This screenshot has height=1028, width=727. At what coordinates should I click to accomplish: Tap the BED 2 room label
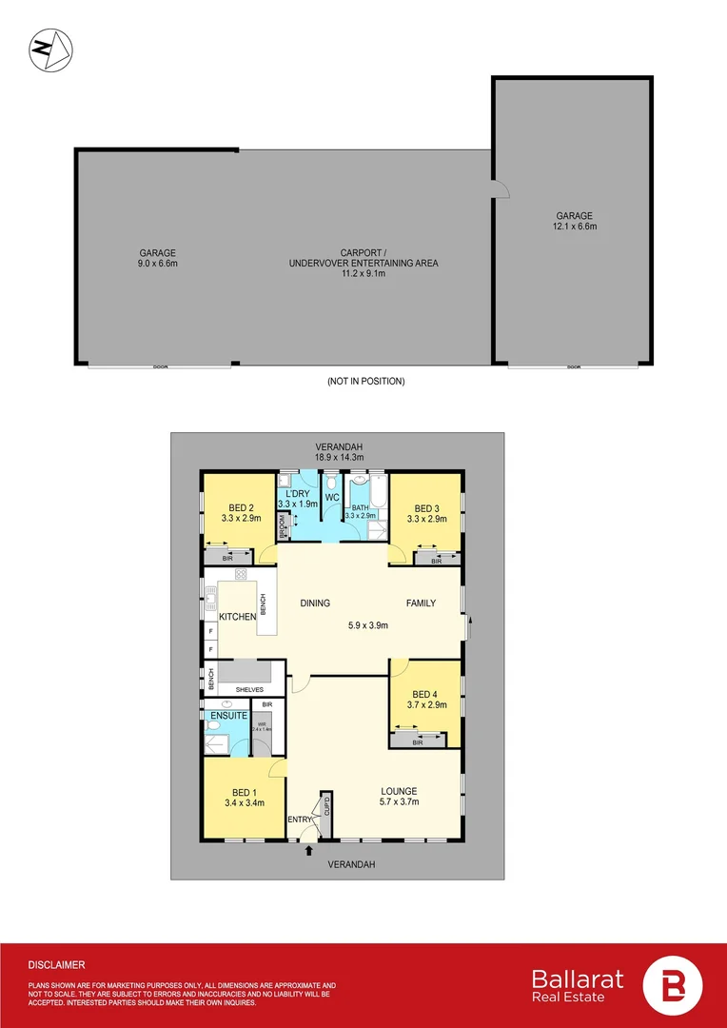240,507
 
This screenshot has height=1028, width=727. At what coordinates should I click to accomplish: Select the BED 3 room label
426,507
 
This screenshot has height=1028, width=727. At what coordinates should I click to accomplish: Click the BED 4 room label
424,693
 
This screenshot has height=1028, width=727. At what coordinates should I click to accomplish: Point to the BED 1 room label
244,791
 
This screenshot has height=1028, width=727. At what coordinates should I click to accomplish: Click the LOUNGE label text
398,791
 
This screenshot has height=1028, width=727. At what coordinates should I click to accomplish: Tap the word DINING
315,603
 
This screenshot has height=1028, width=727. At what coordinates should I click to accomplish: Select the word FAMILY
422,603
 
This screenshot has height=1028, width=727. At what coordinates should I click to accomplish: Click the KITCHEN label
238,618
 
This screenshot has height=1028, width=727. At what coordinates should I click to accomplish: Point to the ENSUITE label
228,715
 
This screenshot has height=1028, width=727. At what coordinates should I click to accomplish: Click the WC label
332,498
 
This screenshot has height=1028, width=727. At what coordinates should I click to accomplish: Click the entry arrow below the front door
308,850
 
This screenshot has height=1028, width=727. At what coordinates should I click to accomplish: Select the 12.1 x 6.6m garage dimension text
574,227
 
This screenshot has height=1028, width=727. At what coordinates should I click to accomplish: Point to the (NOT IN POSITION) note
365,382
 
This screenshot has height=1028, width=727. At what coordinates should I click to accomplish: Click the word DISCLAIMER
57,964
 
